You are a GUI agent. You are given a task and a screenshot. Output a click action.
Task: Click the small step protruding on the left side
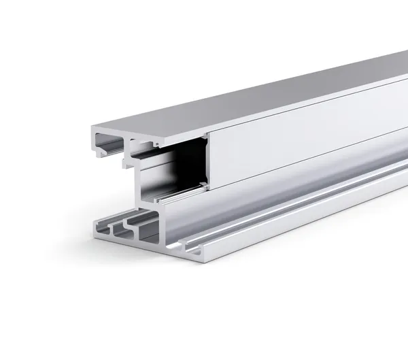[125, 163]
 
